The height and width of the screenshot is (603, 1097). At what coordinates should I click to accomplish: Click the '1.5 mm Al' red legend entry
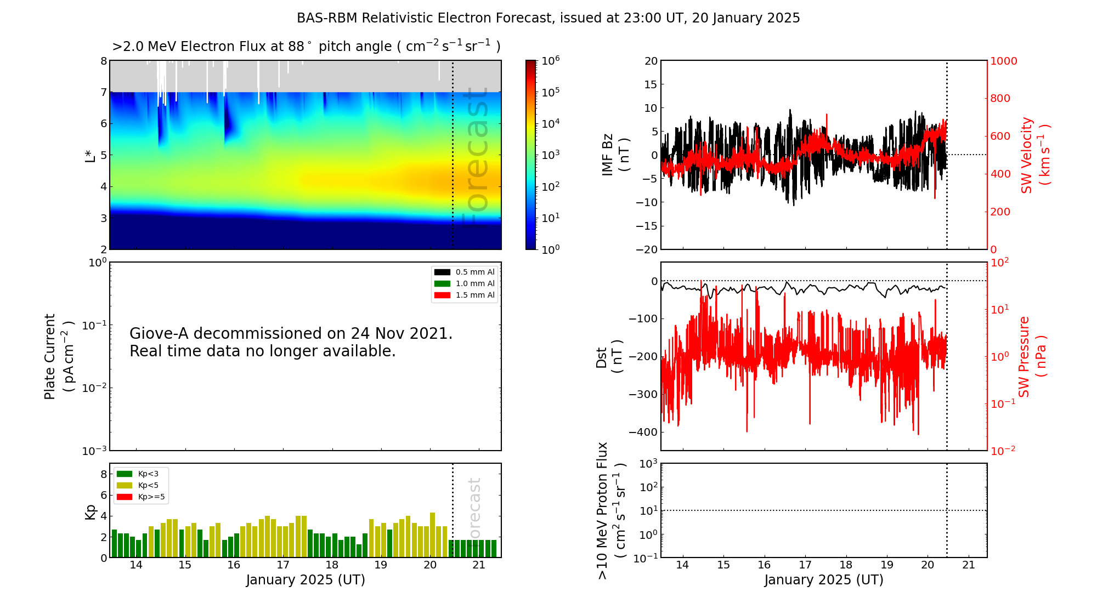[474, 295]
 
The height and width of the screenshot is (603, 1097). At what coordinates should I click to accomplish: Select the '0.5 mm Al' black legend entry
[474, 272]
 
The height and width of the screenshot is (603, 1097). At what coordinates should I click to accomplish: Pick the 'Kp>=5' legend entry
[151, 497]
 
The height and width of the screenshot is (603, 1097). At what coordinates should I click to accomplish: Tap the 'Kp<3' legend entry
[148, 474]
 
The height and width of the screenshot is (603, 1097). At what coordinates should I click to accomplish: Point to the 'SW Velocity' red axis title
[1027, 155]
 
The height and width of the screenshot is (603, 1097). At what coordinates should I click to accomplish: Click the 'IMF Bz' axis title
[607, 155]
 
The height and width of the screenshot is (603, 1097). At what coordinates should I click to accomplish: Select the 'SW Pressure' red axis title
[1024, 356]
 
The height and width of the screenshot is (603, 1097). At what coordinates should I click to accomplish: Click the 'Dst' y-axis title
[602, 357]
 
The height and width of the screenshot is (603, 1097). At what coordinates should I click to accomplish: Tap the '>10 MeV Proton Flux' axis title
[602, 510]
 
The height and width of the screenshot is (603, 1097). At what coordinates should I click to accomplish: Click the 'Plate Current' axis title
[50, 356]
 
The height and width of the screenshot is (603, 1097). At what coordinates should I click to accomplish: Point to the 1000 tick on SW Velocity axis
[1003, 61]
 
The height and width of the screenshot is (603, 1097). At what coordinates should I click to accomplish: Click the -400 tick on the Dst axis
[643, 432]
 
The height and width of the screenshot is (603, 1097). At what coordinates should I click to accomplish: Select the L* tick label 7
[103, 93]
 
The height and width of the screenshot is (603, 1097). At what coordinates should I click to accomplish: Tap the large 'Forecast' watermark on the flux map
[476, 156]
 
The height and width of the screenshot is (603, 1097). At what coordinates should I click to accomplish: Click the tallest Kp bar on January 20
[433, 534]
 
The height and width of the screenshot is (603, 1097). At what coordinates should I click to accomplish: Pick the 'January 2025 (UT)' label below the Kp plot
[306, 580]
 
